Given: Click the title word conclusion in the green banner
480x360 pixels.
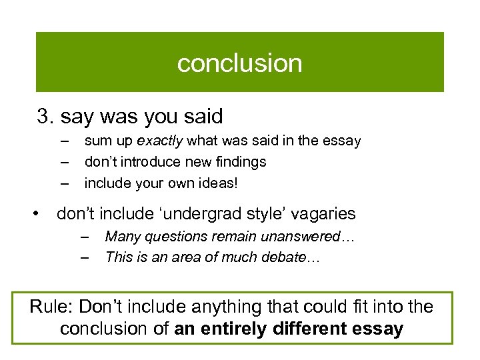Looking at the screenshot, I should click(x=239, y=63).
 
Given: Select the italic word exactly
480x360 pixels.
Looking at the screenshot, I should click(x=160, y=141).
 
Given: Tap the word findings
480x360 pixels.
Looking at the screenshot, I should click(x=241, y=162).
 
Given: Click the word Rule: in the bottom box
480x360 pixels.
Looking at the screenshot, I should click(x=51, y=307).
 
